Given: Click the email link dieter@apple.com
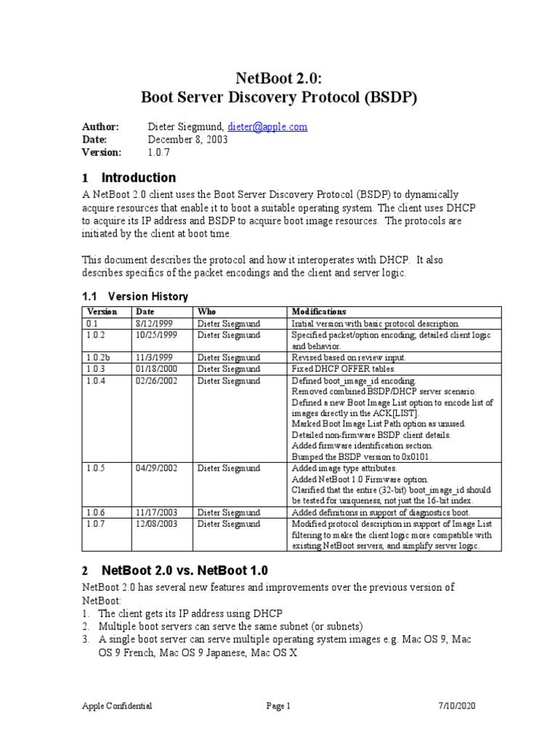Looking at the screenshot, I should pos(267,127).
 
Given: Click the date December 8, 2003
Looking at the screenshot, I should pos(187,139).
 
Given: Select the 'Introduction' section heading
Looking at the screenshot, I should pos(139,178).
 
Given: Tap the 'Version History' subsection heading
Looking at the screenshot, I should pos(147,296).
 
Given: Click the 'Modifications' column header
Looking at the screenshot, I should pos(319,311).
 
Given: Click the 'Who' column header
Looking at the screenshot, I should pos(206,311).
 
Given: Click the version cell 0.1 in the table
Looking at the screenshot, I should pos(92,323).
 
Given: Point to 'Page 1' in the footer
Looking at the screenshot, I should pos(278,706).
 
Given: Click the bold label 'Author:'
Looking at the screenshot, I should pos(100,127).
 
